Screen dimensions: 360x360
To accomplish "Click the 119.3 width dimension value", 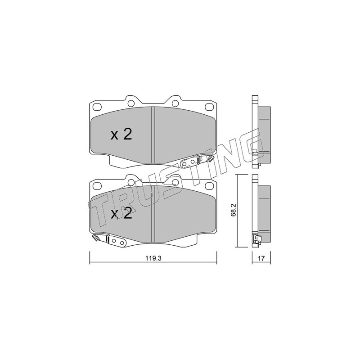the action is [153, 258].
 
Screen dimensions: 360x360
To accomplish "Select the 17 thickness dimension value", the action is [261, 258].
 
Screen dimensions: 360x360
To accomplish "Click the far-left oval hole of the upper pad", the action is [97, 107].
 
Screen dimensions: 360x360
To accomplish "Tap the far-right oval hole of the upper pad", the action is [209, 107].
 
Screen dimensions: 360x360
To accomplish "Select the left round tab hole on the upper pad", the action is [131, 103].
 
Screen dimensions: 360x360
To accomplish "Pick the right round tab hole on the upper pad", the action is [175, 103].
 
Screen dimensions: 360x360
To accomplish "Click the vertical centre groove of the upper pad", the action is [153, 135].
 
